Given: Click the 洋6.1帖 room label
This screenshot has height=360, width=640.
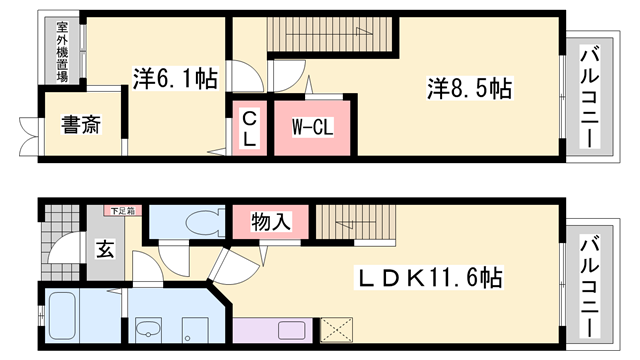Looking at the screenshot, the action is point(175,75).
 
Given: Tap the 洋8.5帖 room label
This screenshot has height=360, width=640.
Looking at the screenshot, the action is point(469,90).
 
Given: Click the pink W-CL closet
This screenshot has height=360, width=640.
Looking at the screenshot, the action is point(312,127).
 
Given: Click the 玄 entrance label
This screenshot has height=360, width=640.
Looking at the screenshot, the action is point(104,249).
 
